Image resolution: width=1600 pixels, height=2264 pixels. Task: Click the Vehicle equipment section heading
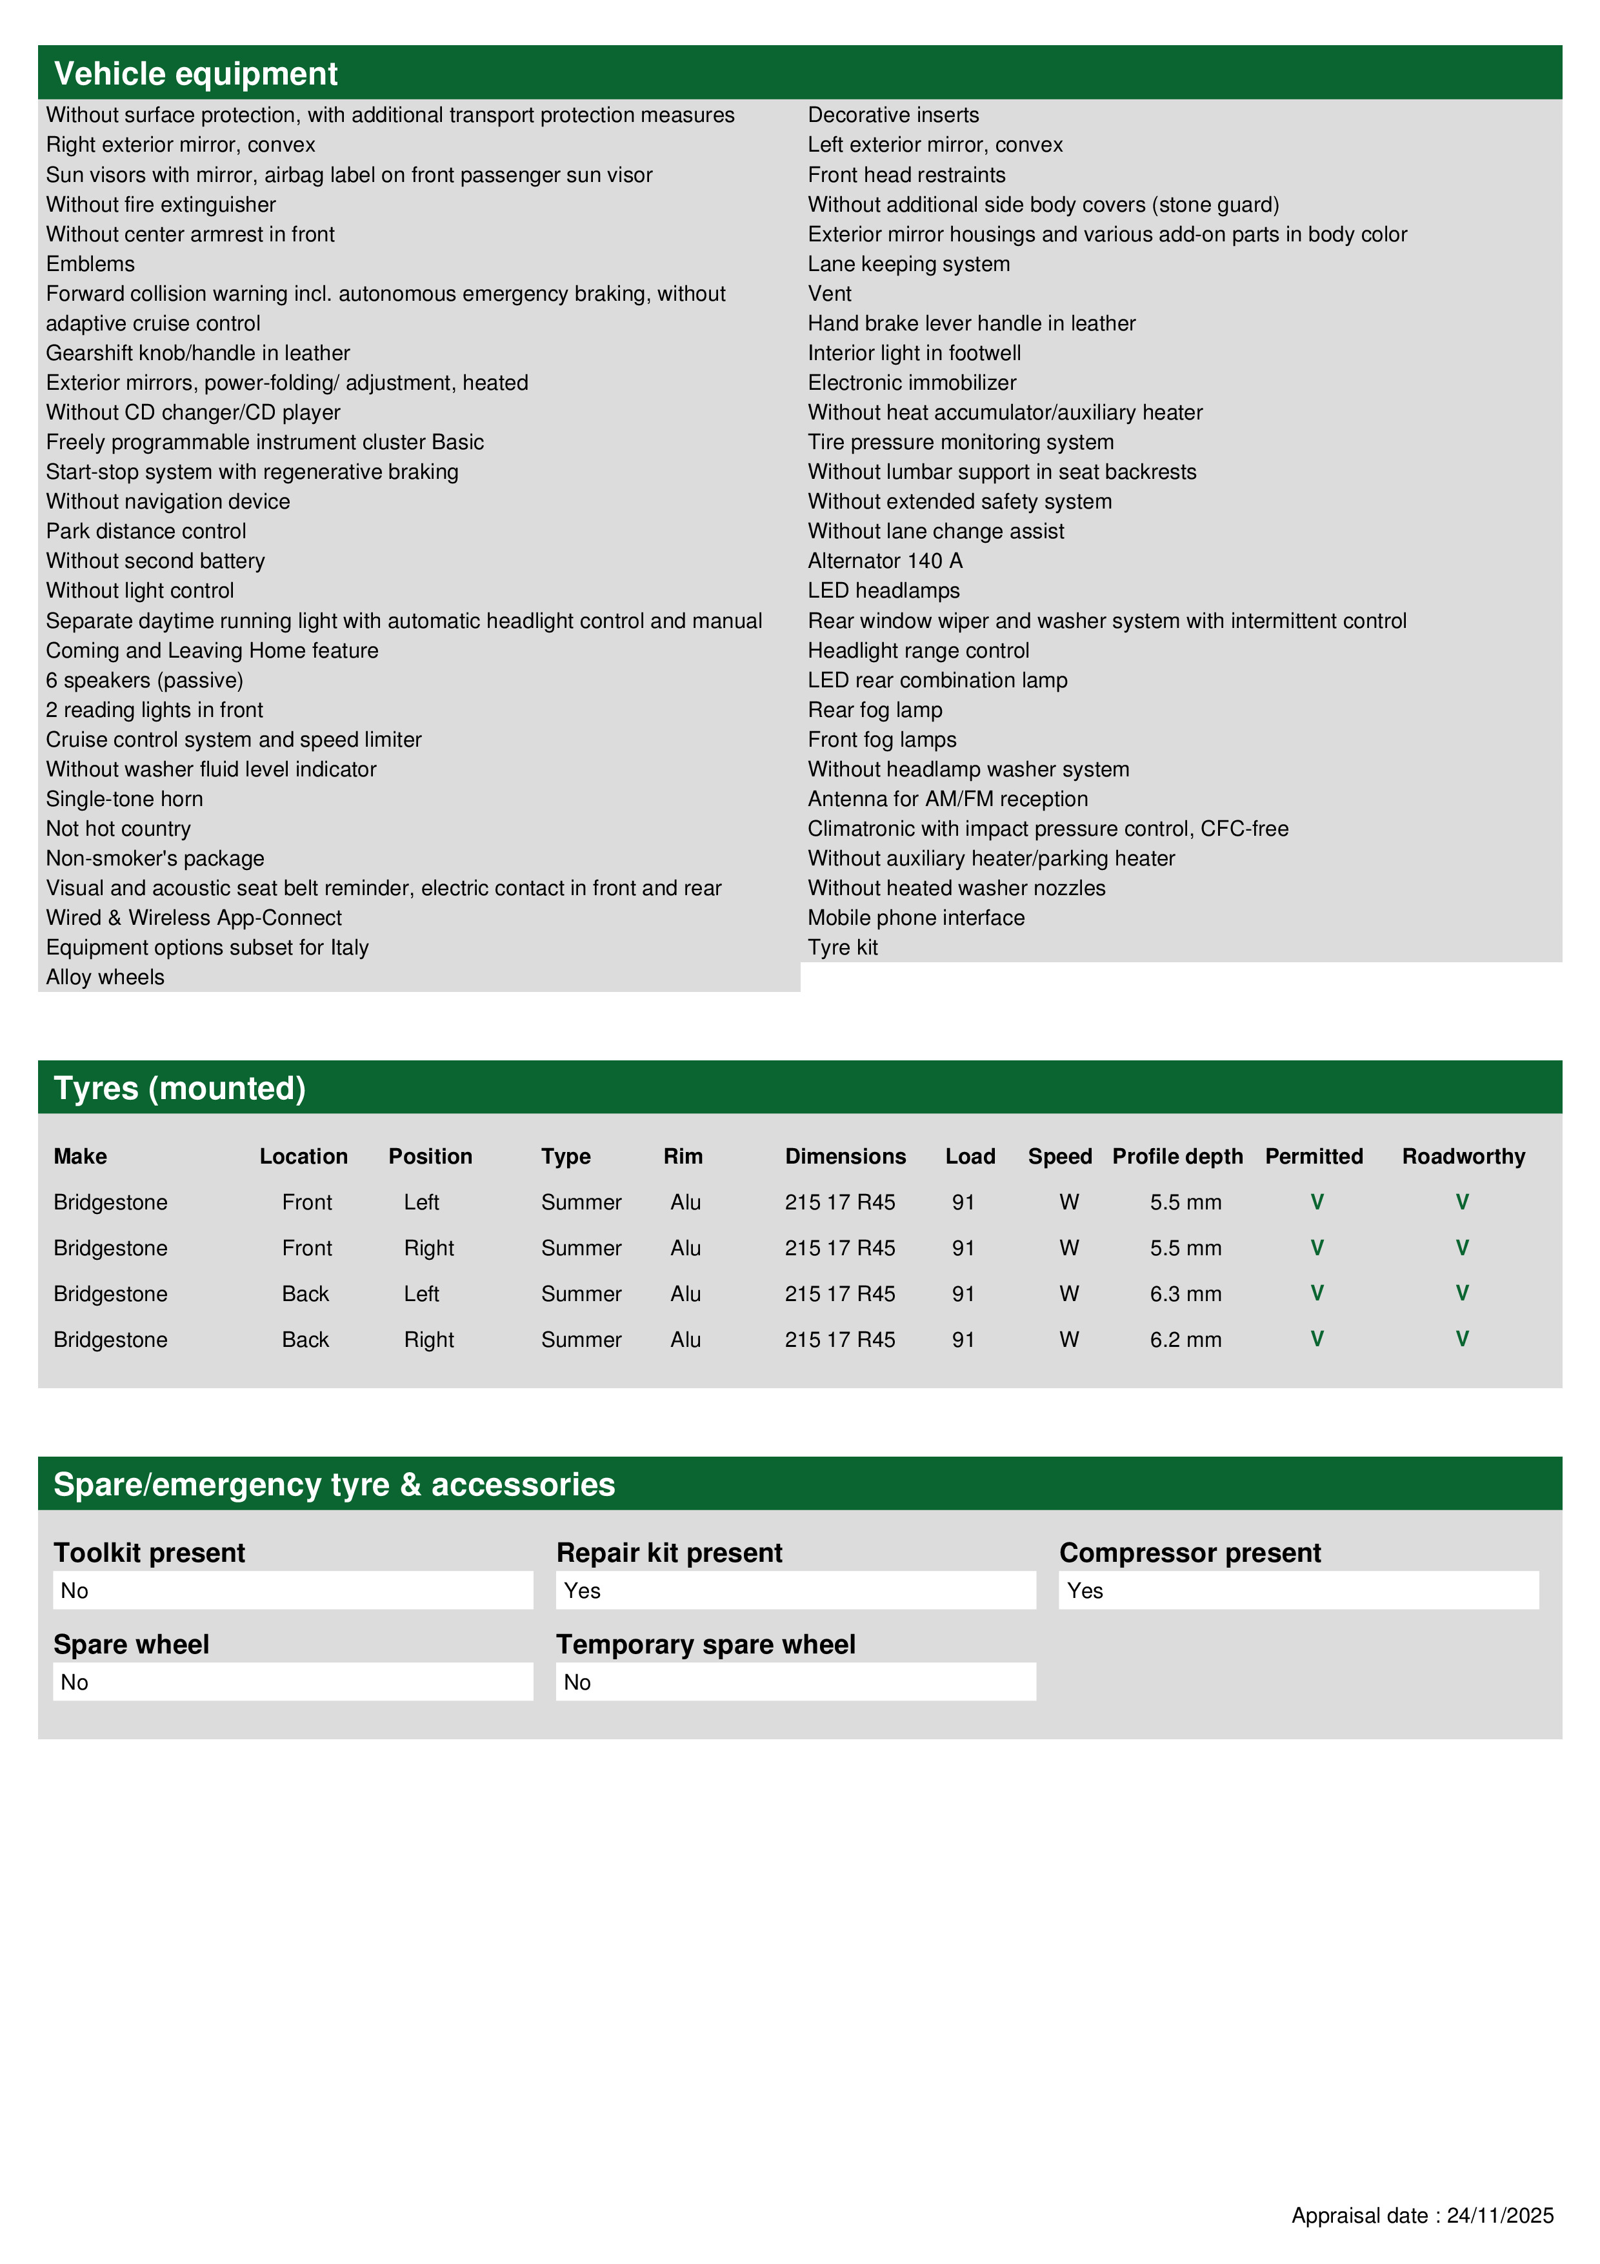pos(195,74)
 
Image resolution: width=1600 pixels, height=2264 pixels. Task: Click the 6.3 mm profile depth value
pos(1185,1294)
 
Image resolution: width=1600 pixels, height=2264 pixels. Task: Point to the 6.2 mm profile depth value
pos(1185,1339)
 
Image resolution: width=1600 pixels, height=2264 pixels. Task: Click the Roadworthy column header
pos(1463,1156)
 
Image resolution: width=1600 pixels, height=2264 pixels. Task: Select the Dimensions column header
pos(845,1156)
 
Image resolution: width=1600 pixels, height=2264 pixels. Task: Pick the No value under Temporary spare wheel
pos(577,1683)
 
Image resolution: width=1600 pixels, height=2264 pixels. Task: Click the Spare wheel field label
pos(131,1644)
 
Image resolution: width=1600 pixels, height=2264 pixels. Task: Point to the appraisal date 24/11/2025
pos(1499,2216)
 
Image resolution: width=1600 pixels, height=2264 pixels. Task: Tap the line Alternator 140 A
pos(885,561)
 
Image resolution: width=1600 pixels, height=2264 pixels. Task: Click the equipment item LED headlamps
pos(883,591)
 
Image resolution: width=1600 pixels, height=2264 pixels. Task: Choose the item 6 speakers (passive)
pos(144,680)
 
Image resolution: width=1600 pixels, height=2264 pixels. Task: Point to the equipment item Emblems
pos(91,264)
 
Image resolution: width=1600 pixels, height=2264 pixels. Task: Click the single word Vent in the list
pos(829,294)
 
